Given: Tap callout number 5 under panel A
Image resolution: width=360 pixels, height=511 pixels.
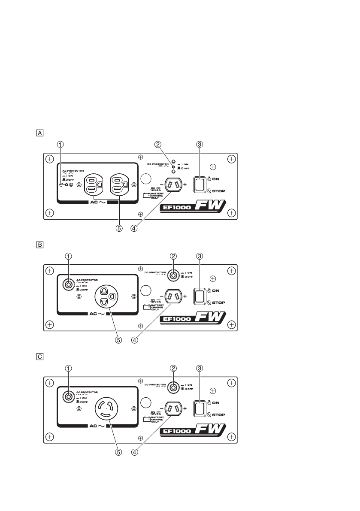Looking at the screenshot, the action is (x=119, y=228).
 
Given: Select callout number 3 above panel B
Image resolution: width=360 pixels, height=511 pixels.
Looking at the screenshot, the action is (x=199, y=256).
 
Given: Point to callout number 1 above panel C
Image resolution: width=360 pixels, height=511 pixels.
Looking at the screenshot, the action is (x=68, y=368).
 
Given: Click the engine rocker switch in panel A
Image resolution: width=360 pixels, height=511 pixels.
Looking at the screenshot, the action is (x=199, y=184).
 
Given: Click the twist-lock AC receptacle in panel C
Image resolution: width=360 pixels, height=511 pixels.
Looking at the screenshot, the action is (x=106, y=408).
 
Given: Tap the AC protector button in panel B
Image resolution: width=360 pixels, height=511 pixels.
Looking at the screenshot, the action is (x=68, y=284).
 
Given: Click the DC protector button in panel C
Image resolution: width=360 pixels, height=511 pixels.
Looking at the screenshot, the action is (x=173, y=387).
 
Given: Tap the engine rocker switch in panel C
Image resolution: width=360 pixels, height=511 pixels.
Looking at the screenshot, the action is (x=199, y=408).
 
